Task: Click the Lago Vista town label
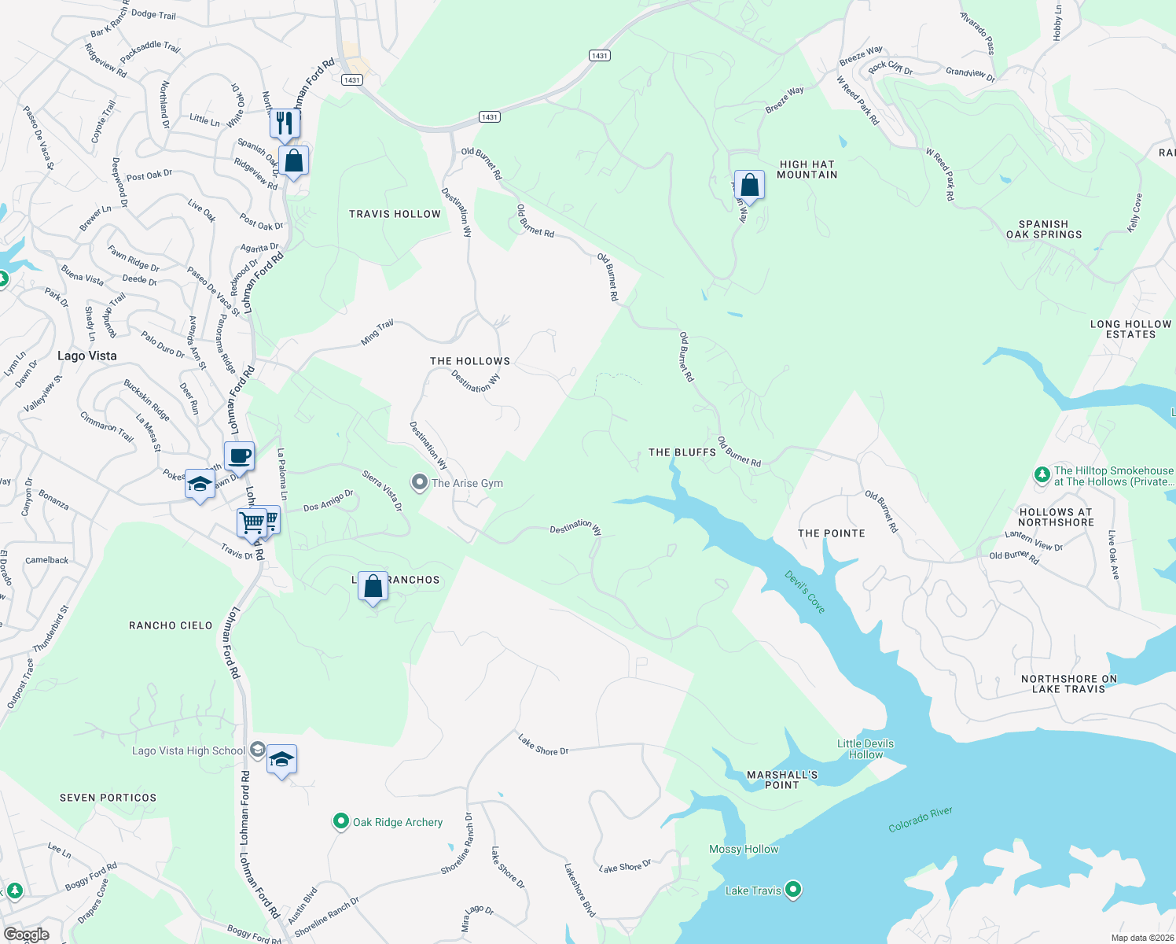pyautogui.click(x=86, y=356)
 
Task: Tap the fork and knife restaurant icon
pyautogui.click(x=285, y=123)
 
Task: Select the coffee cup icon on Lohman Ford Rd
pyautogui.click(x=239, y=455)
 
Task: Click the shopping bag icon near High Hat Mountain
pyautogui.click(x=749, y=186)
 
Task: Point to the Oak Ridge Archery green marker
pyautogui.click(x=340, y=822)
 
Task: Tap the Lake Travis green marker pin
pyautogui.click(x=793, y=890)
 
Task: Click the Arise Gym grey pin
pyautogui.click(x=420, y=482)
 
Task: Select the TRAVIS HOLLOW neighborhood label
pyautogui.click(x=395, y=214)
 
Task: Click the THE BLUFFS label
pyautogui.click(x=682, y=452)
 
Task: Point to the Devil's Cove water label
pyautogui.click(x=805, y=592)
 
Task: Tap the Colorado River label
pyautogui.click(x=920, y=819)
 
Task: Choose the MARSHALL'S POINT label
pyautogui.click(x=781, y=780)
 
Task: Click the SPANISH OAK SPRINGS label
pyautogui.click(x=1043, y=229)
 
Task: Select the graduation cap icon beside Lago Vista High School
pyautogui.click(x=281, y=759)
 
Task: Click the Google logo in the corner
pyautogui.click(x=26, y=935)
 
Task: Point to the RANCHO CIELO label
pyautogui.click(x=171, y=625)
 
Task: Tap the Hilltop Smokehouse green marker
pyautogui.click(x=1042, y=474)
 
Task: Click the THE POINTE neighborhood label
pyautogui.click(x=831, y=533)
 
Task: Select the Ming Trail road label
pyautogui.click(x=377, y=333)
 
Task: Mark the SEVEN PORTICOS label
pyautogui.click(x=108, y=798)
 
